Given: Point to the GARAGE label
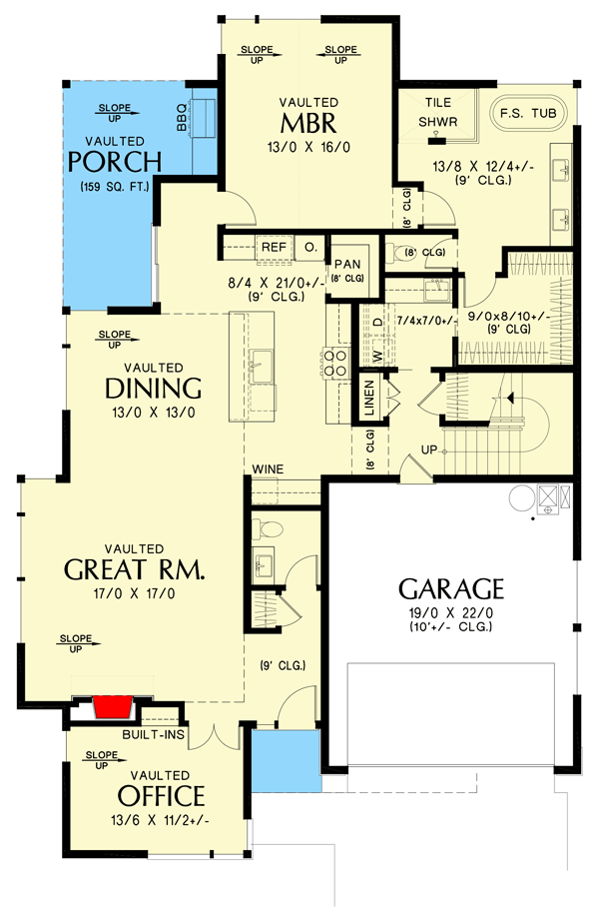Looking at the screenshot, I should (x=451, y=588).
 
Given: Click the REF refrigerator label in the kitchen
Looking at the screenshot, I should (x=273, y=246).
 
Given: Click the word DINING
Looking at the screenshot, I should (x=154, y=389).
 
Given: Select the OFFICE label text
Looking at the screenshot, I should (x=161, y=796).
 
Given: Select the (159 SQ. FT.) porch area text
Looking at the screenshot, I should (x=115, y=187).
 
